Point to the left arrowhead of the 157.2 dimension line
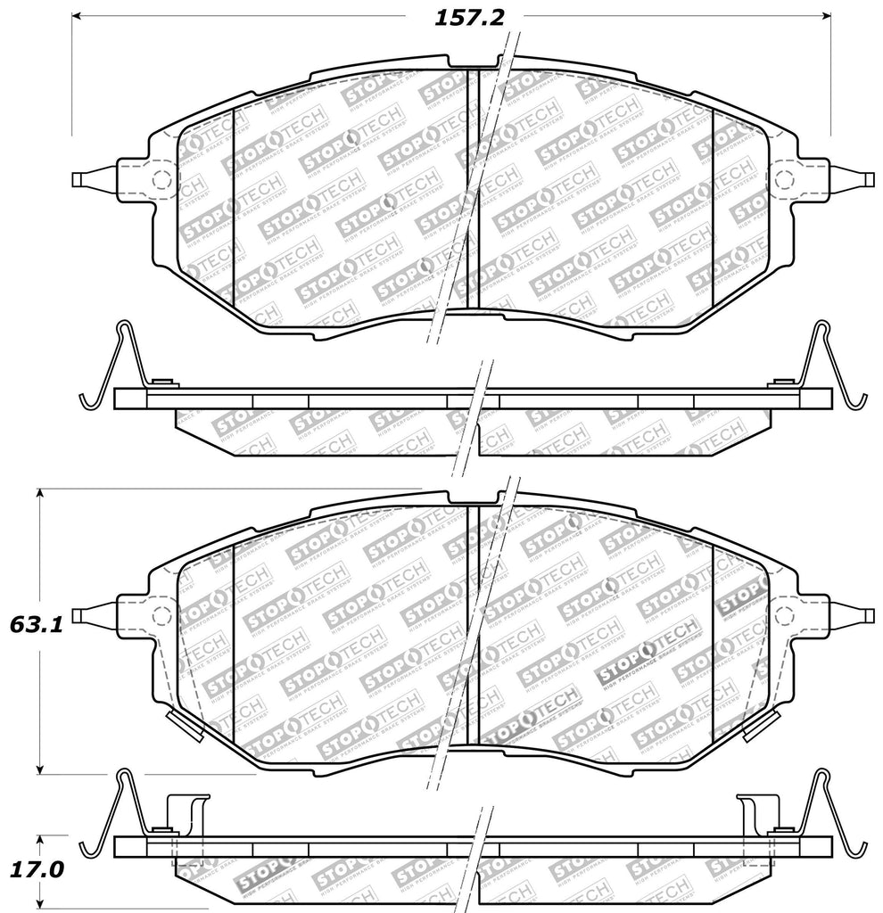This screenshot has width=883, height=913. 76,17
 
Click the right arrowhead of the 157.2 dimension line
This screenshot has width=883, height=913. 826,17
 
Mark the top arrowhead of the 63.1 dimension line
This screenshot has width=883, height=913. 39,494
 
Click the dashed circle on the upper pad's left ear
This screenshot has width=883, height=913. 161,179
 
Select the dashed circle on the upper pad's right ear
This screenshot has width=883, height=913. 786,177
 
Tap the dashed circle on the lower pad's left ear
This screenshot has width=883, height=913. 161,615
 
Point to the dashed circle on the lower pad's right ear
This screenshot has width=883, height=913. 786,614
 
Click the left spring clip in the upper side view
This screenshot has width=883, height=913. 111,366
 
